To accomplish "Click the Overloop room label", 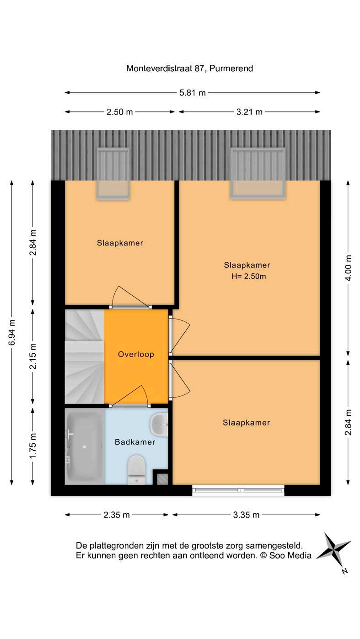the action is (x=136, y=354).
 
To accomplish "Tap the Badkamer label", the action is (x=135, y=442).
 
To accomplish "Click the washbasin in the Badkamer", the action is (x=160, y=424).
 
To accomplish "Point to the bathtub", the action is (x=84, y=446).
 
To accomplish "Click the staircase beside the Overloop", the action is (x=84, y=357).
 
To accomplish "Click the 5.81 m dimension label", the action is (x=192, y=93).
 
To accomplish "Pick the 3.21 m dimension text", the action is (x=249, y=112).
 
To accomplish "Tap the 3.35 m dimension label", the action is (x=246, y=515).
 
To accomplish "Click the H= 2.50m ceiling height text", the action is (x=249, y=276).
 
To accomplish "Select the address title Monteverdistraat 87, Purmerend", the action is (x=189, y=69).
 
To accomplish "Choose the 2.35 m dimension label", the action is (x=117, y=515).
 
